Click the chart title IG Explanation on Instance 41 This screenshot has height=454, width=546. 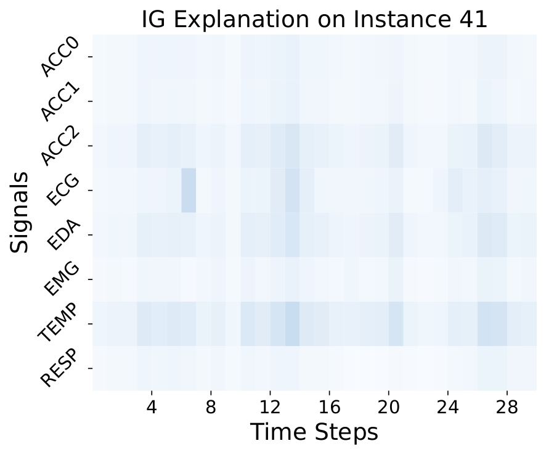coord(314,19)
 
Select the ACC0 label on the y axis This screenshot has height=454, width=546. coord(60,57)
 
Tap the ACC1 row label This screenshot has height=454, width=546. coord(60,101)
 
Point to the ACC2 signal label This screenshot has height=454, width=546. coord(60,146)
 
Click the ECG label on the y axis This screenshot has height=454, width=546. coord(63,190)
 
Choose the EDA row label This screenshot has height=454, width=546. coord(63,235)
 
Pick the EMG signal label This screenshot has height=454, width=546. coord(62,279)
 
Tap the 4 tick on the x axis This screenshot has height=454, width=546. coord(152,407)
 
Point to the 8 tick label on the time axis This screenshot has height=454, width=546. coord(211,407)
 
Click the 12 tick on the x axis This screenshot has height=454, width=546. coord(270,407)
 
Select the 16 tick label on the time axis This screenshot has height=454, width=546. coord(329,407)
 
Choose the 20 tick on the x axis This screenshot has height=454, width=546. coord(388,407)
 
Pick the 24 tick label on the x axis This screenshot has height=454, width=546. coord(447,407)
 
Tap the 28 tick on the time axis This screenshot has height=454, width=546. coord(507,407)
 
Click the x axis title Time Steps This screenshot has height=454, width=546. coord(314,432)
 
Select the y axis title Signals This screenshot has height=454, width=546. coord(19,212)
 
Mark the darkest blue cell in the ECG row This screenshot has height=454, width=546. coord(189,190)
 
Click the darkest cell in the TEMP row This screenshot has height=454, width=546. coord(292,324)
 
